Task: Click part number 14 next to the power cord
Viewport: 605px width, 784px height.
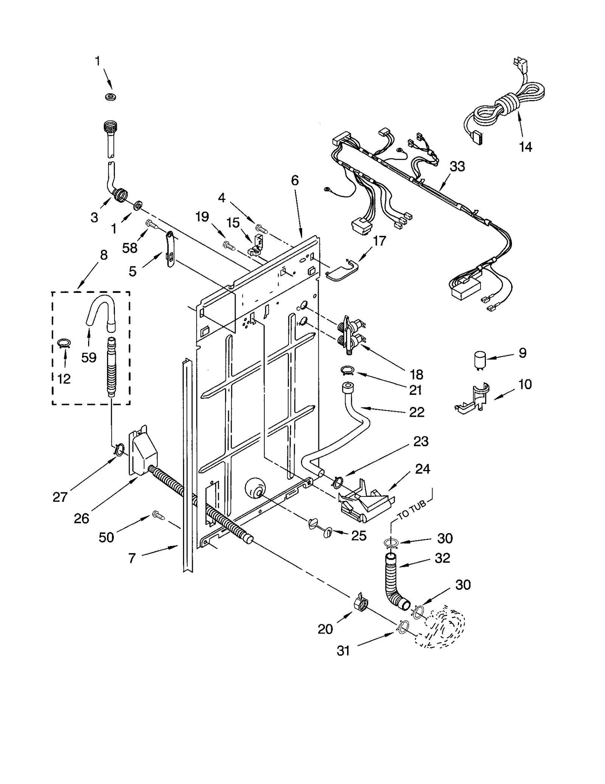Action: pos(525,147)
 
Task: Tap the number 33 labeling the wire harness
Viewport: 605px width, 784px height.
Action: pos(457,166)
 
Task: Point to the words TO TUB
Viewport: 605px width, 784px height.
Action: pos(413,509)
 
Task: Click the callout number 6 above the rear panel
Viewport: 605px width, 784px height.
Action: pos(295,181)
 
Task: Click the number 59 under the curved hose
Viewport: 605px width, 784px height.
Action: pos(89,357)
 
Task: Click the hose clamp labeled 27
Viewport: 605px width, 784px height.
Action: pos(119,450)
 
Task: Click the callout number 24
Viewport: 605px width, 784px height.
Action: pos(422,469)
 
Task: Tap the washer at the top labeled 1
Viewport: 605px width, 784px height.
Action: pos(110,97)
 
